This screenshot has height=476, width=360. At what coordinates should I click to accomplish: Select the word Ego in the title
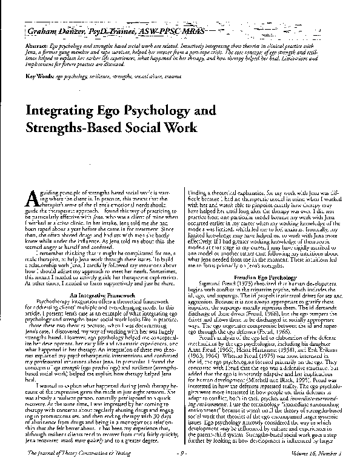121,111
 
